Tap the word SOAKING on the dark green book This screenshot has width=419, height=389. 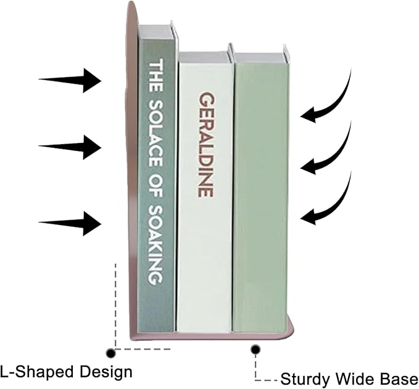(x=156, y=245)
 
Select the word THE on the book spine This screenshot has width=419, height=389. (x=156, y=75)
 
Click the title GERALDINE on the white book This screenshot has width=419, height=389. (x=207, y=144)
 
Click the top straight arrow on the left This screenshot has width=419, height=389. (x=70, y=80)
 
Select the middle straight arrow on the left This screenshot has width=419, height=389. (x=70, y=147)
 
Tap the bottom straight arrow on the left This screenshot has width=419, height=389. (x=70, y=223)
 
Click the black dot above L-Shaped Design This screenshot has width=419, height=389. (x=110, y=353)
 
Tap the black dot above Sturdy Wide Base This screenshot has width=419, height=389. (x=255, y=349)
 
